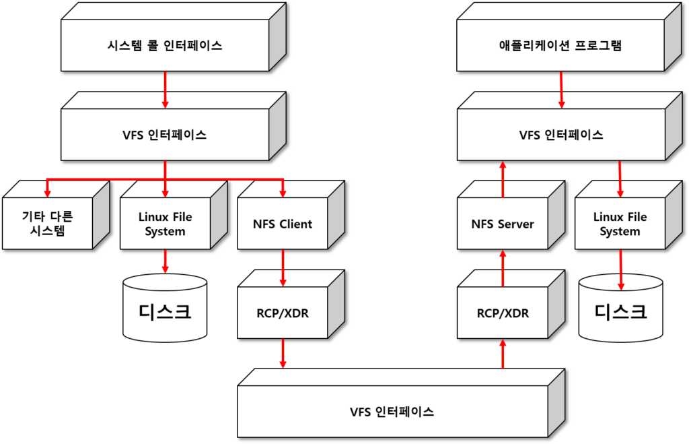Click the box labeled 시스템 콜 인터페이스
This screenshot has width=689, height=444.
pos(165,46)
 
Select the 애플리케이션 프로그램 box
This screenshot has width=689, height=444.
pos(560,46)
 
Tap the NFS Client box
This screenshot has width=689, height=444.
pos(283,224)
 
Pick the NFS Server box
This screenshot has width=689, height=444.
pos(502,224)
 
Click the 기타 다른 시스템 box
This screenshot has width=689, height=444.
pos(47,224)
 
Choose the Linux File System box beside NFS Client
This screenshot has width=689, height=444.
pos(165,224)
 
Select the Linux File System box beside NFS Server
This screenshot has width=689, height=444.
pos(620,224)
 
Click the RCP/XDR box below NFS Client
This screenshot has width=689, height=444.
pos(283,313)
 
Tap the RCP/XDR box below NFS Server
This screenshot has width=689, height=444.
pos(502,313)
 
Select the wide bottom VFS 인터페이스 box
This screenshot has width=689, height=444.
pos(392,412)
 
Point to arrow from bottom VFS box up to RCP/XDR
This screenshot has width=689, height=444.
pos(502,354)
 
